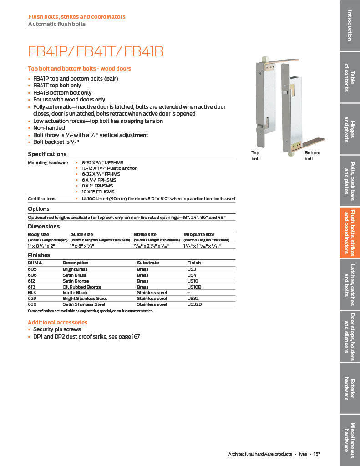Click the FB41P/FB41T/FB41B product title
click(96, 52)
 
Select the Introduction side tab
click(350, 25)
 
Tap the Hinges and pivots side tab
click(350, 129)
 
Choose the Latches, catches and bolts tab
click(350, 285)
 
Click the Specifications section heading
click(47, 154)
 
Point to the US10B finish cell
click(194, 287)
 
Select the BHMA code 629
click(32, 299)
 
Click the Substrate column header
click(148, 263)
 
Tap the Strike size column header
click(145, 234)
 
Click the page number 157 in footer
click(317, 454)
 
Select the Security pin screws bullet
click(57, 329)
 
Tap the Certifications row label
click(41, 199)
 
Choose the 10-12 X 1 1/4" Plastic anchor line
click(109, 168)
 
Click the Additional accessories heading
click(57, 322)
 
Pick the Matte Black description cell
click(75, 293)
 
